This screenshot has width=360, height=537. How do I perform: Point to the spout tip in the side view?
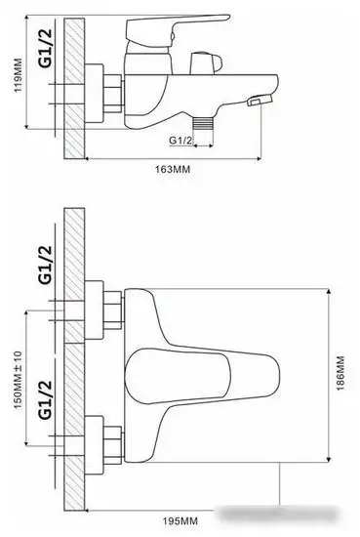tap(259, 102)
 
